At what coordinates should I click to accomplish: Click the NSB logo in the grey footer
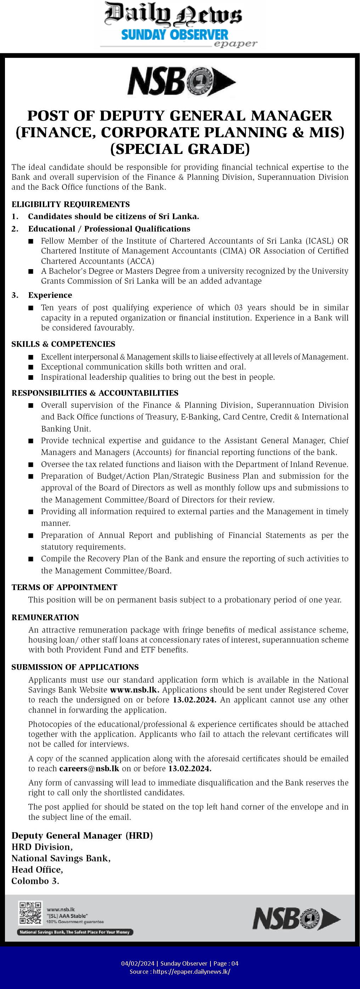(x=296, y=919)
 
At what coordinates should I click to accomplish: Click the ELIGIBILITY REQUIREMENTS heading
(x=71, y=204)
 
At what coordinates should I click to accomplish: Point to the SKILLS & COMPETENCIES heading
(x=63, y=344)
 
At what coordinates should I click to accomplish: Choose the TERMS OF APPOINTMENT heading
(x=64, y=588)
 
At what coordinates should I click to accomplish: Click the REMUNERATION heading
(x=45, y=617)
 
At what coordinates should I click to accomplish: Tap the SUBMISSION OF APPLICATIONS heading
(x=75, y=667)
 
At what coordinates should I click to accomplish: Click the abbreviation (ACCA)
(x=140, y=261)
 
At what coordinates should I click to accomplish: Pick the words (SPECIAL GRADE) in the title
(x=180, y=149)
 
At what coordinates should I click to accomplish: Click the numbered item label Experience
(x=50, y=295)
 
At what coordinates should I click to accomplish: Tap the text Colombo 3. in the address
(x=35, y=881)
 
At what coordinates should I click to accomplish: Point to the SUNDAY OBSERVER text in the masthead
(x=175, y=35)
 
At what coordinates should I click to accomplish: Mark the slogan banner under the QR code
(x=75, y=932)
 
